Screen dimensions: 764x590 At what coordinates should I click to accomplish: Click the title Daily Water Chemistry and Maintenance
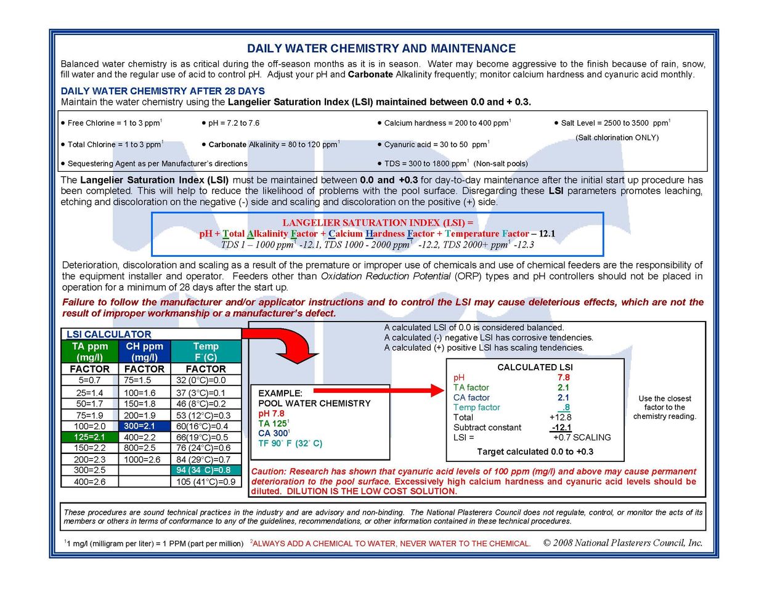(381, 48)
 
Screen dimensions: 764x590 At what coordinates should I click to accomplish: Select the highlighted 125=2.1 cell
(90, 437)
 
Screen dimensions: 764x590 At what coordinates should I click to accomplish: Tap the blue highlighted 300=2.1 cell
(145, 426)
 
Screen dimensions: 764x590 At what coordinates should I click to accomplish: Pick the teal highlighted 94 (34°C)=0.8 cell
(206, 470)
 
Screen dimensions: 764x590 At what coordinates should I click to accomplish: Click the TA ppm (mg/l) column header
(90, 352)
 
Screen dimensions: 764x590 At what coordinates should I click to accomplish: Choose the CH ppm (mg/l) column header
(145, 352)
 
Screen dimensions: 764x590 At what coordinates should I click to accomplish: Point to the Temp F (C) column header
(206, 352)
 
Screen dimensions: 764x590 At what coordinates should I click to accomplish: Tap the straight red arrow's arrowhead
(437, 390)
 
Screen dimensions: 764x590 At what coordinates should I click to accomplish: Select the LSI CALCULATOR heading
(109, 334)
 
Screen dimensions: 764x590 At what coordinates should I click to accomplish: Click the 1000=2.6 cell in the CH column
(142, 459)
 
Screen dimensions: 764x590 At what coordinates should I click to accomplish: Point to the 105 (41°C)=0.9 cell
(206, 482)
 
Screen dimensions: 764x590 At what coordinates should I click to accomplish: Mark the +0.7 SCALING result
(582, 437)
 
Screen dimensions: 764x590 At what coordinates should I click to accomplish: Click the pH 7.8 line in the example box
(271, 413)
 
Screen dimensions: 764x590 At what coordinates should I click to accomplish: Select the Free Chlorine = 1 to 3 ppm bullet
(112, 123)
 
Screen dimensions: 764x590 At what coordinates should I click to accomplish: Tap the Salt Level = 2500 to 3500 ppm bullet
(612, 123)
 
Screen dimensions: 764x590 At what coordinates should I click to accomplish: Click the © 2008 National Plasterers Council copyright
(623, 543)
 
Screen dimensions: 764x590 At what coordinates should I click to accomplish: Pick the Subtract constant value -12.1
(561, 427)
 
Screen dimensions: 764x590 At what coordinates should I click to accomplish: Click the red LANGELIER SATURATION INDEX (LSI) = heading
(378, 223)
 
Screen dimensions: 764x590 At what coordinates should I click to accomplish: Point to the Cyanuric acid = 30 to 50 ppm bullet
(434, 145)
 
